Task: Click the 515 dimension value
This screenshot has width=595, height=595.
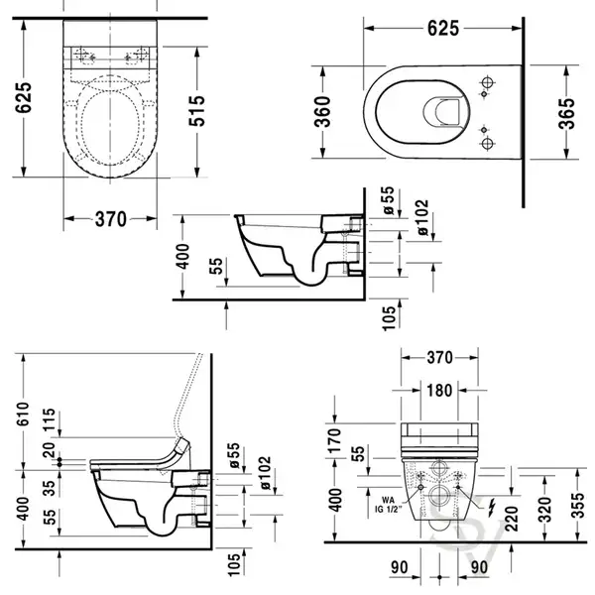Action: tap(197, 111)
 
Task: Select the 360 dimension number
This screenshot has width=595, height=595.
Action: tap(323, 111)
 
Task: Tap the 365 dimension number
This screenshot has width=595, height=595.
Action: tap(566, 114)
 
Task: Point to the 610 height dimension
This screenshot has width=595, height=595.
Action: tap(23, 414)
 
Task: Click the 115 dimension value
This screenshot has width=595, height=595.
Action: tap(49, 419)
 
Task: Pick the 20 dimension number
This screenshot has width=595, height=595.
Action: tap(49, 450)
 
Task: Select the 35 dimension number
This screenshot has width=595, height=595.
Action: tap(49, 488)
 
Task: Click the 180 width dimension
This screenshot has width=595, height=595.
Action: tap(439, 391)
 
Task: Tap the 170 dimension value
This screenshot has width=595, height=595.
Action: tap(335, 440)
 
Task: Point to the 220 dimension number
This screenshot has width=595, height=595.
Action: tap(512, 519)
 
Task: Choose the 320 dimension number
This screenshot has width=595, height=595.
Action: tap(544, 510)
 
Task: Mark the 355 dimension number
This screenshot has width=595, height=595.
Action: tap(578, 505)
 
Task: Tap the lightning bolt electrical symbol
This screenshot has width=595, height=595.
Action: tap(492, 508)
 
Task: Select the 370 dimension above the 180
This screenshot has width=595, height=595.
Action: tap(439, 357)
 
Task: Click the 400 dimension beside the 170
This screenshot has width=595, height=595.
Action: tap(335, 501)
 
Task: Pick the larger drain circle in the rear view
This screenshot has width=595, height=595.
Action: tap(439, 496)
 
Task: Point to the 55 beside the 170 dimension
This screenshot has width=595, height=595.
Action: tap(358, 453)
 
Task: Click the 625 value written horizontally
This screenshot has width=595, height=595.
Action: tap(443, 29)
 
